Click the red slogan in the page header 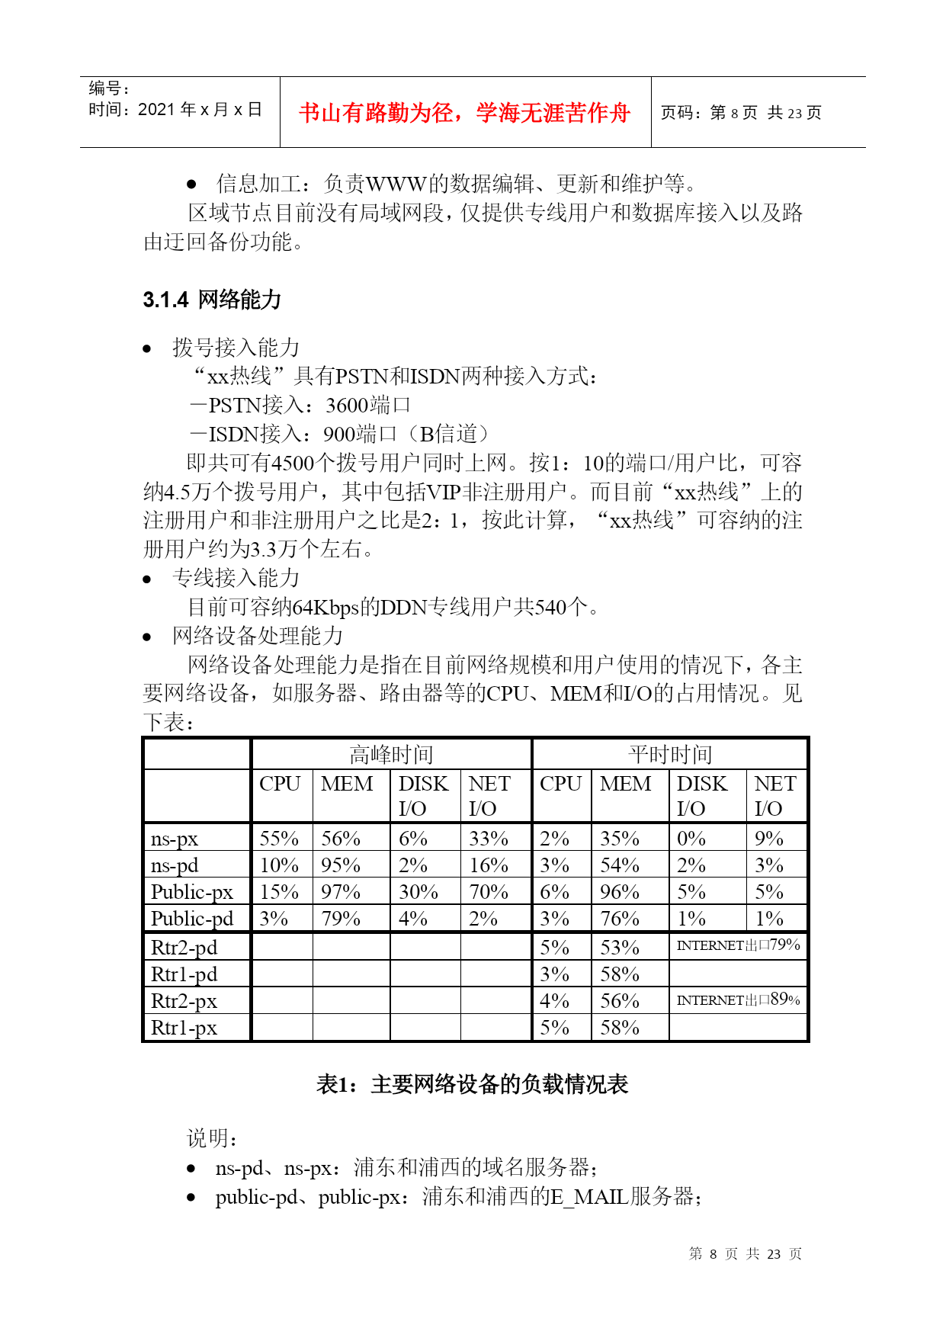pos(464,113)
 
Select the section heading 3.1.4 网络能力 pos(212,300)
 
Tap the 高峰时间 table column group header pos(391,754)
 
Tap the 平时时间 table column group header pos(669,754)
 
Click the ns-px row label pos(175,839)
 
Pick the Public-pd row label pos(192,919)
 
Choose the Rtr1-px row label pos(184,1028)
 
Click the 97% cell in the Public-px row pos(340,892)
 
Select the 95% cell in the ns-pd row pos(340,865)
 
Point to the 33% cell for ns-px pos(489,839)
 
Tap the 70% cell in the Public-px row pos(489,892)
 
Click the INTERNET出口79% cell pos(738,945)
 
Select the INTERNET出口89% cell pos(738,999)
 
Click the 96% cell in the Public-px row pos(619,892)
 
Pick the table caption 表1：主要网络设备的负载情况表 pos(472,1084)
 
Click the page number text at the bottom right pos(745,1254)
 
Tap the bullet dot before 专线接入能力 pos(147,579)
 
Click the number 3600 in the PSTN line pos(347,405)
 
